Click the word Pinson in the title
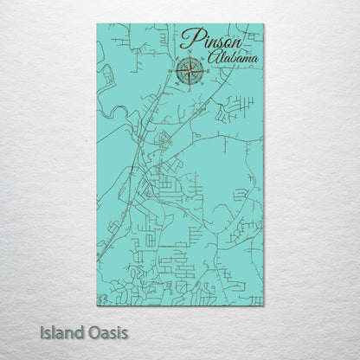pyautogui.click(x=213, y=39)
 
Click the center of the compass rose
pyautogui.click(x=190, y=71)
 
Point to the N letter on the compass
pyautogui.click(x=190, y=57)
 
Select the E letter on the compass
pyautogui.click(x=204, y=71)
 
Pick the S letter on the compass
pyautogui.click(x=190, y=86)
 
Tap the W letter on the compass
pyautogui.click(x=175, y=71)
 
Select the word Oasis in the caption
pyautogui.click(x=108, y=332)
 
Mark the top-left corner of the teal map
pyautogui.click(x=97, y=24)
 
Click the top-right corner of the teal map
pyautogui.click(x=263, y=24)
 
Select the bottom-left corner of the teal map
pyautogui.click(x=97, y=305)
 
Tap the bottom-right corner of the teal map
pyautogui.click(x=263, y=305)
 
